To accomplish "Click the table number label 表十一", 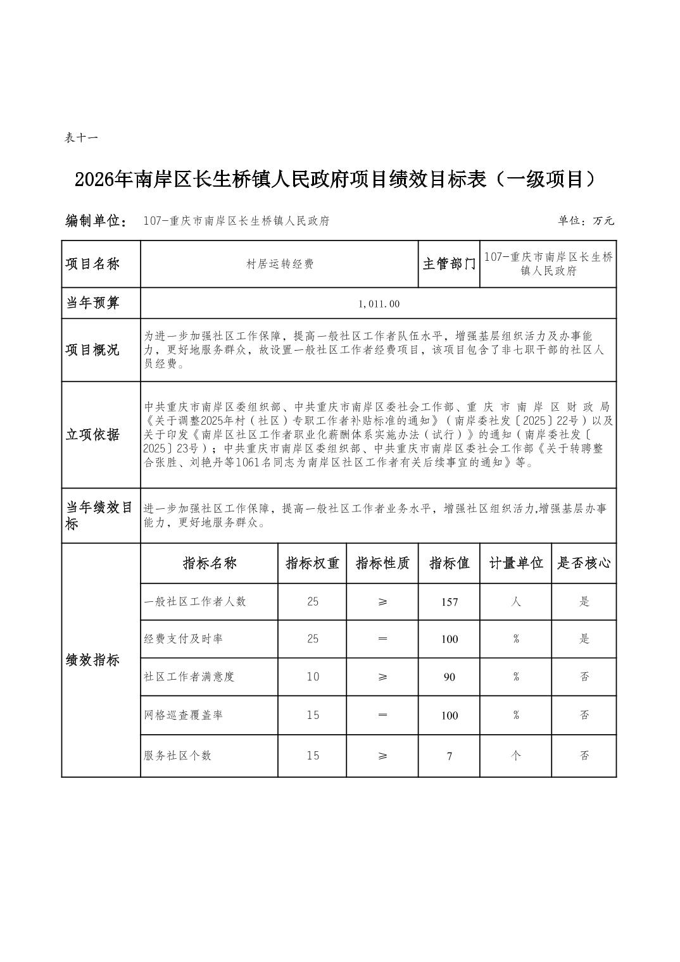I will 81,137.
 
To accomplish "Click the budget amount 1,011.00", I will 379,304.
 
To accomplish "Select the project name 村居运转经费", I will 280,265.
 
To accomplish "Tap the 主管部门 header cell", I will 449,264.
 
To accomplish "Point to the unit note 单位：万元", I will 586,221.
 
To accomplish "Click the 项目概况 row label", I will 92,350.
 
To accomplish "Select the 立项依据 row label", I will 92,435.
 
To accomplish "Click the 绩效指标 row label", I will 92,660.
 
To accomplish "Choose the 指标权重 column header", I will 312,563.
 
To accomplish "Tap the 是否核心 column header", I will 584,563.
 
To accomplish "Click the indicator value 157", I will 450,602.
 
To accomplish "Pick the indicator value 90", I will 450,677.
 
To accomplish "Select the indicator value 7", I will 450,756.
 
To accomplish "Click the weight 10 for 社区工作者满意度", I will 313,677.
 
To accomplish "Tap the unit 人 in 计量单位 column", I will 516,601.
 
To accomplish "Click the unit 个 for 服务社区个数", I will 516,755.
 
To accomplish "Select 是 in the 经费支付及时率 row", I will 584,639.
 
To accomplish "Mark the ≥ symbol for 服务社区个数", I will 382,756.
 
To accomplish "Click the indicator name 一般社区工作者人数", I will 195,601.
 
